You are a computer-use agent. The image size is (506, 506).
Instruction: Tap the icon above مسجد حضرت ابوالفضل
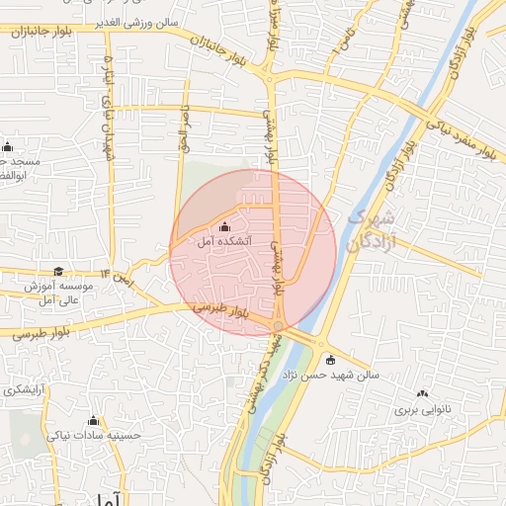click(7, 147)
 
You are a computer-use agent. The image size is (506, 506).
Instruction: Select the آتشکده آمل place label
click(225, 240)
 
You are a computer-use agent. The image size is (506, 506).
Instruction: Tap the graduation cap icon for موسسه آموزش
click(58, 272)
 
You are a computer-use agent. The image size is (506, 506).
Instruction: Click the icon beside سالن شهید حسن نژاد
click(330, 360)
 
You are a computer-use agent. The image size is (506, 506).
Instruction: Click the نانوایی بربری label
click(424, 408)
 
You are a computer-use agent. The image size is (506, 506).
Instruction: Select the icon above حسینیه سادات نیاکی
click(94, 420)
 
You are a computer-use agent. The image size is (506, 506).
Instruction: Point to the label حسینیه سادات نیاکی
click(95, 434)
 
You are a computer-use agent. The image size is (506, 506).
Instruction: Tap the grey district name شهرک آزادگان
click(372, 229)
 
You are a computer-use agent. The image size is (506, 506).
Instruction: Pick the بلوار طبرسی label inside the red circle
click(223, 309)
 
